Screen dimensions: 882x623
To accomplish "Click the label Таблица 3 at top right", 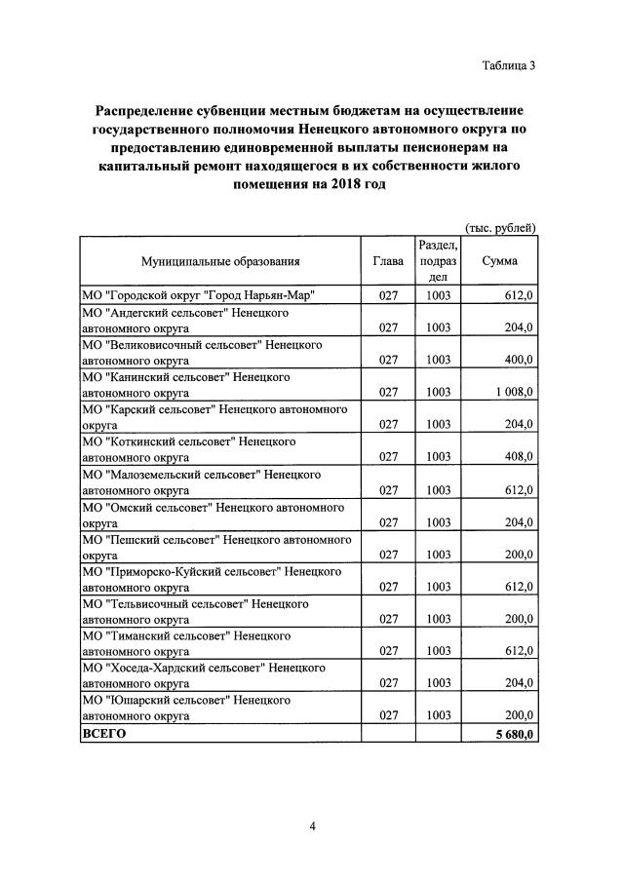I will (508, 66).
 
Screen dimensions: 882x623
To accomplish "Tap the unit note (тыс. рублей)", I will (500, 228).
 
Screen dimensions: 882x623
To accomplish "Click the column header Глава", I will (388, 261).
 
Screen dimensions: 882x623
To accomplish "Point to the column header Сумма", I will (499, 261).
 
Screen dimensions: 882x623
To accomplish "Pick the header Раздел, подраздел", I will (438, 261).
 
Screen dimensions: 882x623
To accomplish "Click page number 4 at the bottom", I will (312, 826).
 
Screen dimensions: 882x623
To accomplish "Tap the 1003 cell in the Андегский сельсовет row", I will (438, 327).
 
